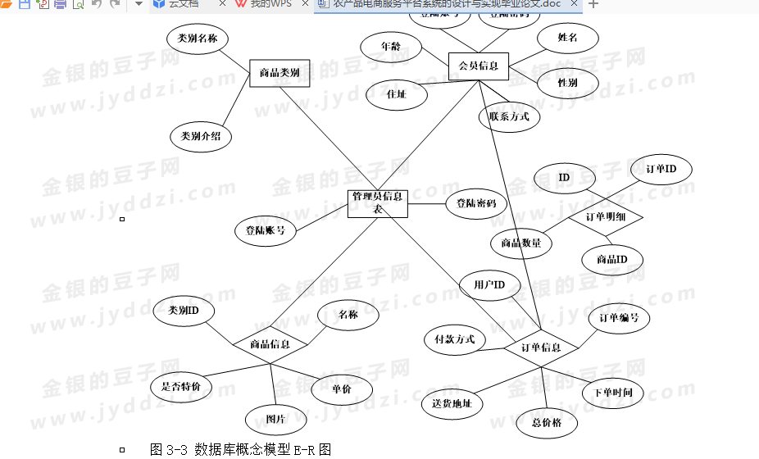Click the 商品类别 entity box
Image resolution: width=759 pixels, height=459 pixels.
[x=279, y=73]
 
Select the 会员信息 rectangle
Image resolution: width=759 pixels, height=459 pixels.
[x=479, y=66]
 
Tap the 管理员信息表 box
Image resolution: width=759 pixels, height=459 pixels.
[x=378, y=203]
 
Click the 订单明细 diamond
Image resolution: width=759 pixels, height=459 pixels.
[x=607, y=217]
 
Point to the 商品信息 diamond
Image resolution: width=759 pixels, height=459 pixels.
[x=270, y=344]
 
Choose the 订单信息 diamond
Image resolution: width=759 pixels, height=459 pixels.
[x=542, y=348]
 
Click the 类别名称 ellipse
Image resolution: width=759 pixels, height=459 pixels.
[x=198, y=39]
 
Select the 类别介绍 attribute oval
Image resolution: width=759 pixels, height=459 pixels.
[x=201, y=136]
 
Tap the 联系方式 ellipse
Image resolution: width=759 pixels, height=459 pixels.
[x=509, y=116]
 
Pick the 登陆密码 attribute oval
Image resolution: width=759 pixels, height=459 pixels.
[x=476, y=203]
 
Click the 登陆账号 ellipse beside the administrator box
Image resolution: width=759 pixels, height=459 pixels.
[x=265, y=230]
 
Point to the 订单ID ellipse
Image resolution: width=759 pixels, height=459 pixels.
[x=661, y=169]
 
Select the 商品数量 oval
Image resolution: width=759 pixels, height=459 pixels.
[x=521, y=243]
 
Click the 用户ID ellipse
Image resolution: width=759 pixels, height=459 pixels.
[x=489, y=284]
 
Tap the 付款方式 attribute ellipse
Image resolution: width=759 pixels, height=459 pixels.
[x=455, y=339]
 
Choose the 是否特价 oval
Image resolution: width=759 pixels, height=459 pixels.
[x=181, y=386]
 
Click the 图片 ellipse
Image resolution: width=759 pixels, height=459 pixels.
[x=275, y=420]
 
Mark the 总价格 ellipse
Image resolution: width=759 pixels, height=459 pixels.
[x=547, y=423]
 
